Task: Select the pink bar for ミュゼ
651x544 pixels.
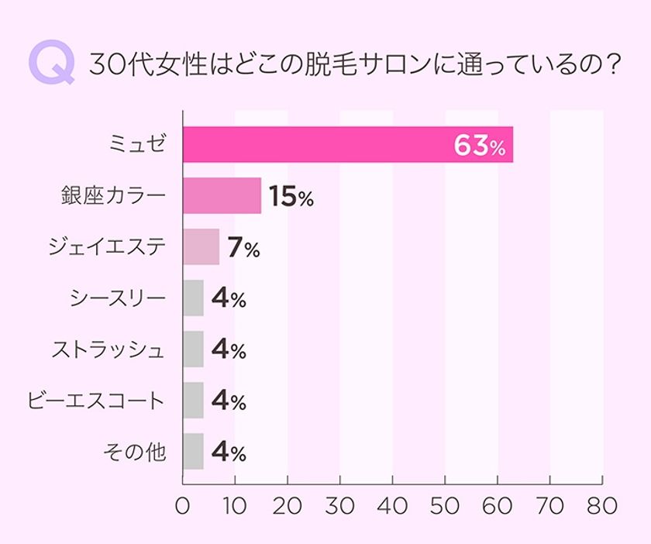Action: click(347, 144)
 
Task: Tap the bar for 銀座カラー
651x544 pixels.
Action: click(222, 195)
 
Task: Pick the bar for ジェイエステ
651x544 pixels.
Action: click(201, 246)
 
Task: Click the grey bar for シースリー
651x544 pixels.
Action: click(193, 298)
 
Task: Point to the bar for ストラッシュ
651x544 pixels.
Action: click(193, 349)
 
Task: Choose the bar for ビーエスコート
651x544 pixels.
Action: click(193, 400)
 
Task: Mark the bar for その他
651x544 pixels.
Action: click(193, 451)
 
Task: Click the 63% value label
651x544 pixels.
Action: click(479, 146)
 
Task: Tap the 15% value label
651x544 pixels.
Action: click(291, 197)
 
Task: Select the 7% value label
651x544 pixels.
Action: click(243, 248)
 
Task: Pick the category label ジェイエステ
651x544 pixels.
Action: click(106, 246)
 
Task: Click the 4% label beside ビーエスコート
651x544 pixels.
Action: click(228, 401)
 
